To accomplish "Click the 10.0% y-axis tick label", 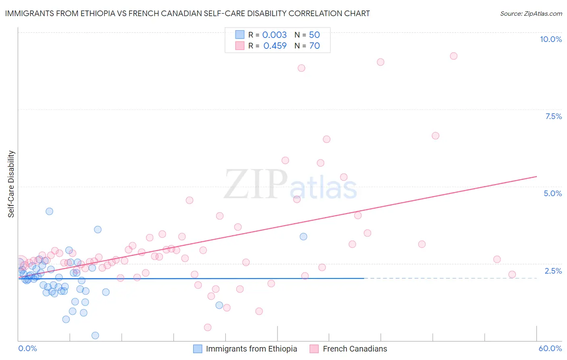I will click(550, 39).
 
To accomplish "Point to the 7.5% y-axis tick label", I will click(553, 116).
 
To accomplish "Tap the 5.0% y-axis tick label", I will click(552, 193).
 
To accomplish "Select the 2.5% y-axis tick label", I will click(553, 271).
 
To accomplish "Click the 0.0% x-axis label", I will click(27, 348).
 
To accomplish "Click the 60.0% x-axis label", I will click(550, 348).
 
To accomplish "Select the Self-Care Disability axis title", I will click(11, 184).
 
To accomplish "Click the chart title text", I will click(187, 13).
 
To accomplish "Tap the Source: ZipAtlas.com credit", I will click(531, 13).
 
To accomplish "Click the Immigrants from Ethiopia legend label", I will click(251, 349).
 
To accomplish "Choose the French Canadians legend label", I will click(355, 349).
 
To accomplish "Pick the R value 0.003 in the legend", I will click(274, 35).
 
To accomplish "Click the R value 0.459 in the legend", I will click(275, 46).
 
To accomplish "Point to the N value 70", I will click(315, 46).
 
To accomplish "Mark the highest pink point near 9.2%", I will click(453, 56).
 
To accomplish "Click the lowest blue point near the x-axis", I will click(95, 335).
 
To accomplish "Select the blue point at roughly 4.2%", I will click(49, 211).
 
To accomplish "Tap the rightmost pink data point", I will click(512, 274).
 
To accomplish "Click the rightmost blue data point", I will click(303, 237).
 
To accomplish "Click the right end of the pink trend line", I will click(536, 176).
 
